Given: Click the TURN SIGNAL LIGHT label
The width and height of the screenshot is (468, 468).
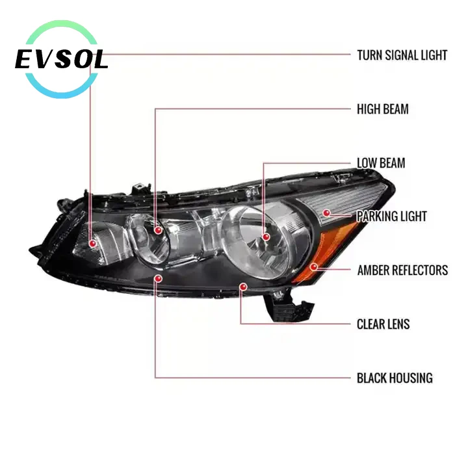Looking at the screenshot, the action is tap(402, 55).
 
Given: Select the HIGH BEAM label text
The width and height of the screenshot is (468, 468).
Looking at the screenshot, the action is tap(382, 109).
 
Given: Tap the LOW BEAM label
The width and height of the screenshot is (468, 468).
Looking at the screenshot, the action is tap(381, 162).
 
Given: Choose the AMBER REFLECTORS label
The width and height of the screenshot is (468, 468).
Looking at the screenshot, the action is tap(402, 270).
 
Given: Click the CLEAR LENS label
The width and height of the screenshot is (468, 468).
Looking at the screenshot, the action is tap(383, 324).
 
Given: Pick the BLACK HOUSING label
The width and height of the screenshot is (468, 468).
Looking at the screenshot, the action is tap(395, 378).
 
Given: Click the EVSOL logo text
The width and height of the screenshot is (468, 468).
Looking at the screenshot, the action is tap(61, 60).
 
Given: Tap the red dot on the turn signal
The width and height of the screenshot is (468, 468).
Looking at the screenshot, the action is tap(93, 243).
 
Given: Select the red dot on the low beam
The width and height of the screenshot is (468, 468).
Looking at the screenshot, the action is tap(265, 239).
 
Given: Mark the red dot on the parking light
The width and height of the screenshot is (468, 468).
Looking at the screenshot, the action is tap(327, 213).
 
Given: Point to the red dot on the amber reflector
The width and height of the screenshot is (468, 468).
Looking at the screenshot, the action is tap(313, 266).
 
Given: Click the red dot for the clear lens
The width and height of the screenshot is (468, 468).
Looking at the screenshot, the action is tap(242, 285).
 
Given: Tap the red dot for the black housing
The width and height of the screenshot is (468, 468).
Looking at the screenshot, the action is tap(158, 278).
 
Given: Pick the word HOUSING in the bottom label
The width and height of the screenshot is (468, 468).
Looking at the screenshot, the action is tap(410, 378).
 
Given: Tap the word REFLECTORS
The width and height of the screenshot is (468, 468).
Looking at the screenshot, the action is tap(419, 270).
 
